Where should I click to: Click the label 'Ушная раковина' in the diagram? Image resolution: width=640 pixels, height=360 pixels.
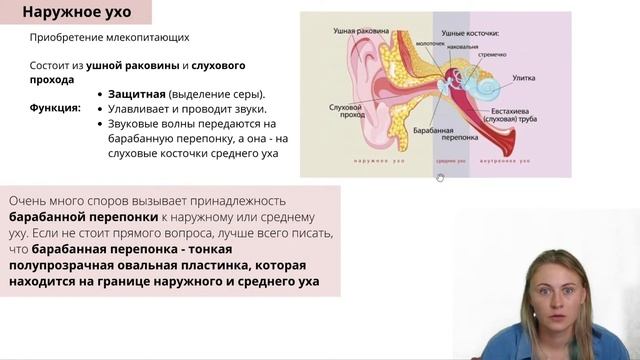point(359,31)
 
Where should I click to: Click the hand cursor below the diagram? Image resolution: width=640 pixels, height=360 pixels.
point(440,177)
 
